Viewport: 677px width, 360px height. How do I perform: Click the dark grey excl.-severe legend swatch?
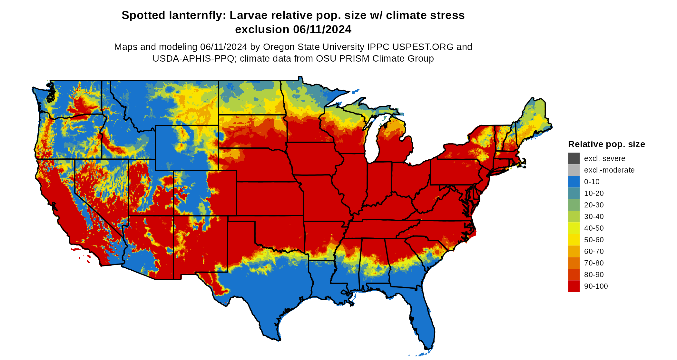[574, 158]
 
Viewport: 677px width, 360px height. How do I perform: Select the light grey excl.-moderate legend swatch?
[574, 170]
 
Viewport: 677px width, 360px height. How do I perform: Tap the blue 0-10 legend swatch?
[574, 182]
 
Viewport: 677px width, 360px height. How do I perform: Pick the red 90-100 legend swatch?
[574, 286]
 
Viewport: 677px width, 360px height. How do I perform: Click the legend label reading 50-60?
[594, 240]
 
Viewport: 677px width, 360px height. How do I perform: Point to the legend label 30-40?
[594, 216]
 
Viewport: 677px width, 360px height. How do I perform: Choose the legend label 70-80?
[594, 263]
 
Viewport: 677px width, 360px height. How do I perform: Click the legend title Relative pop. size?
[606, 144]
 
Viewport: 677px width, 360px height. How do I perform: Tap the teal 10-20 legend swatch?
[574, 193]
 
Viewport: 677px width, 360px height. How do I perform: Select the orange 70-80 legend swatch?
[574, 263]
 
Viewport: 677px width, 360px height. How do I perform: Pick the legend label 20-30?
[594, 205]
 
